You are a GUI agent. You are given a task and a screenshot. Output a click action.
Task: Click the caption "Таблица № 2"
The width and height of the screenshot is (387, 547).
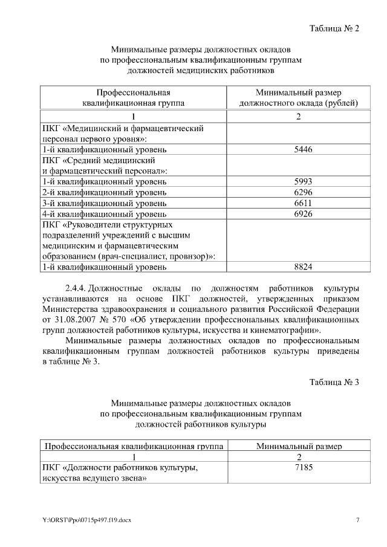334,28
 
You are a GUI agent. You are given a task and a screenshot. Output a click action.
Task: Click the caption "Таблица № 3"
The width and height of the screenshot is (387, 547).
334,382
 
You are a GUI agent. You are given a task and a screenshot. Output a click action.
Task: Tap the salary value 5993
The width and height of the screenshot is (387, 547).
302,181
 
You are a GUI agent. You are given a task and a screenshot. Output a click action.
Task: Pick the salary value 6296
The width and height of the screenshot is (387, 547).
302,192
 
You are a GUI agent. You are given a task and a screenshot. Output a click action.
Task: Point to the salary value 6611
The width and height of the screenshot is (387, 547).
302,203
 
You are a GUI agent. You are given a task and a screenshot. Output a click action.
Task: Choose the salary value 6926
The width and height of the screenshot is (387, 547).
302,214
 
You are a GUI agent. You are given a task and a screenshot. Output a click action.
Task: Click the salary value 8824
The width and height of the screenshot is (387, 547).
302,267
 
